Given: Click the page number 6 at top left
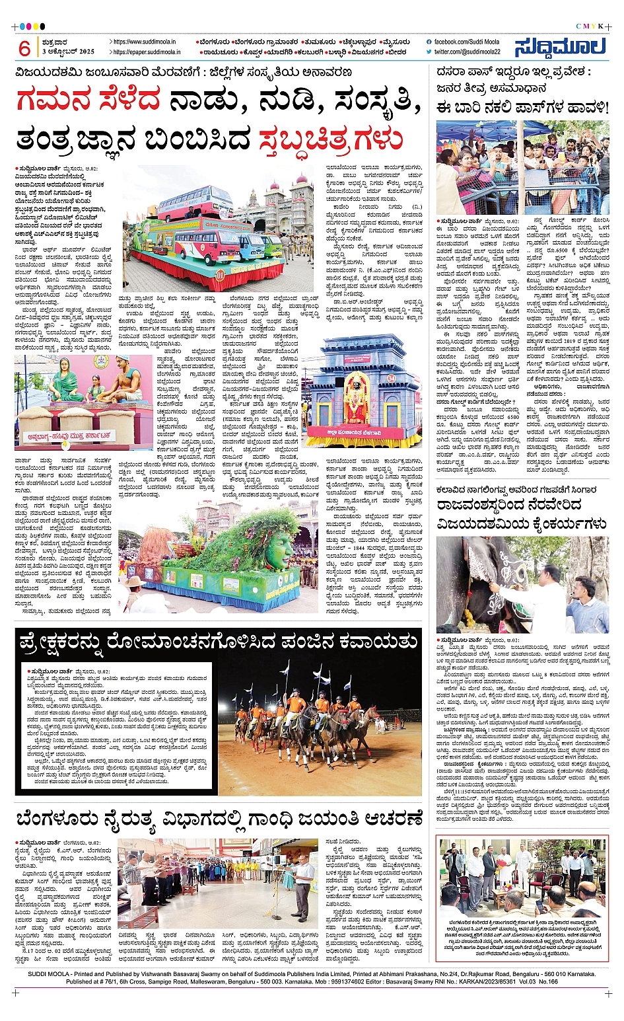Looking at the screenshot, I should click(x=24, y=48).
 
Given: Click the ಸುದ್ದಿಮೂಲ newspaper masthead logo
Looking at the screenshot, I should click(x=560, y=47).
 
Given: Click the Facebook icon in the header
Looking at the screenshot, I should click(x=429, y=42).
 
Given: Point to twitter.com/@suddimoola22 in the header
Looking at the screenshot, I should click(x=467, y=52).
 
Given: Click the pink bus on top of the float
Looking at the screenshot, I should click(x=187, y=203).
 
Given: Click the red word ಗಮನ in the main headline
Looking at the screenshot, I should click(x=88, y=102).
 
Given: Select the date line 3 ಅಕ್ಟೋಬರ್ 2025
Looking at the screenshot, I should click(x=68, y=52).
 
